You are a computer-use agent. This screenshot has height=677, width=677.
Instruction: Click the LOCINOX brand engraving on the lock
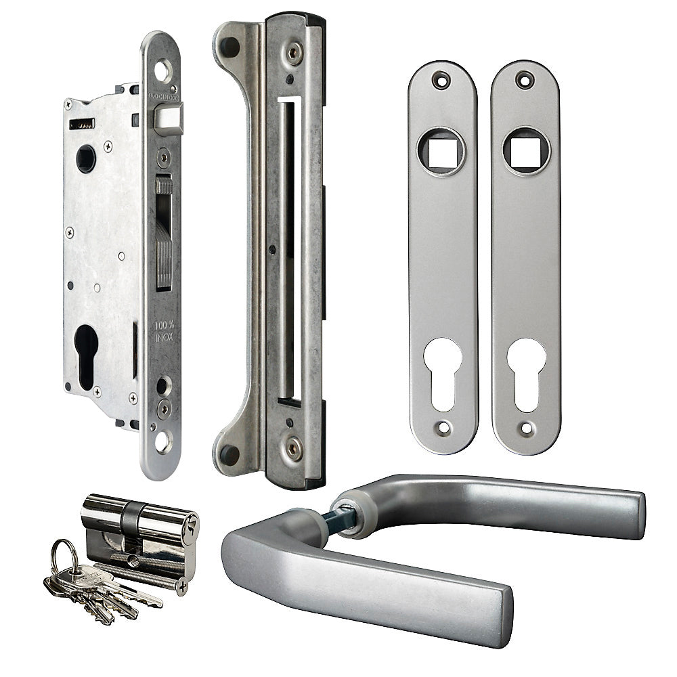pyautogui.click(x=163, y=97)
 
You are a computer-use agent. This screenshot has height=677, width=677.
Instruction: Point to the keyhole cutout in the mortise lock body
pyautogui.click(x=86, y=355)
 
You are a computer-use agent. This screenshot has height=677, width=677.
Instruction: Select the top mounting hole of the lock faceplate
pyautogui.click(x=162, y=69)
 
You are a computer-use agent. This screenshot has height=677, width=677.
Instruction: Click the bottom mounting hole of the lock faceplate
pyautogui.click(x=162, y=441)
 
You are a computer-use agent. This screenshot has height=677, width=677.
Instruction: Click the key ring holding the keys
pyautogui.click(x=64, y=555)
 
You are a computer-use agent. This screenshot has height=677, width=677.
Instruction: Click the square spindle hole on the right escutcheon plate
pyautogui.click(x=525, y=151)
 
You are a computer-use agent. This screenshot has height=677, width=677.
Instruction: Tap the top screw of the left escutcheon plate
pyautogui.click(x=441, y=79)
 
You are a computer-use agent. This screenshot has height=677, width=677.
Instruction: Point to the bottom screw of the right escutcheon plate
pyautogui.click(x=526, y=428)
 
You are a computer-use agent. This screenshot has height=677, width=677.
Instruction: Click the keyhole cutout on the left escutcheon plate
pyautogui.click(x=443, y=372)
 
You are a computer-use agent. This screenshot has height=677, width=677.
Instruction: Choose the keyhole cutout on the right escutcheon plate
pyautogui.click(x=526, y=372)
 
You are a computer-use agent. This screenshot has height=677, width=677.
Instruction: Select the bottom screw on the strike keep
pyautogui.click(x=292, y=448)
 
